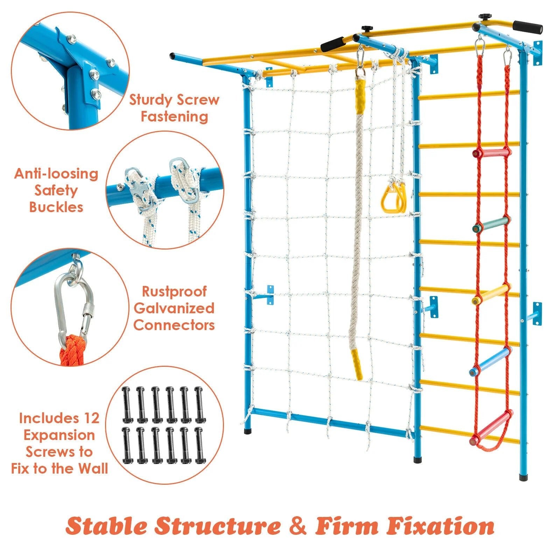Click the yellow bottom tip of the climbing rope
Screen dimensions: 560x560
[357, 364]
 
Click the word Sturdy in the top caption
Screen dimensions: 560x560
[150, 100]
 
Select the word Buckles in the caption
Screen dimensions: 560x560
[56, 207]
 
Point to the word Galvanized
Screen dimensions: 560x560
[174, 308]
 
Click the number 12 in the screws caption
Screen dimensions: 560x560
[91, 418]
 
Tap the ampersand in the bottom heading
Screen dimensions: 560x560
[298, 526]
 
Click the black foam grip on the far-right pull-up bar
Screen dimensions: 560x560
[527, 26]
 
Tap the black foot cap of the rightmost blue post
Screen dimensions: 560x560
[523, 477]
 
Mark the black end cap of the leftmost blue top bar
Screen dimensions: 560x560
[172, 56]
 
